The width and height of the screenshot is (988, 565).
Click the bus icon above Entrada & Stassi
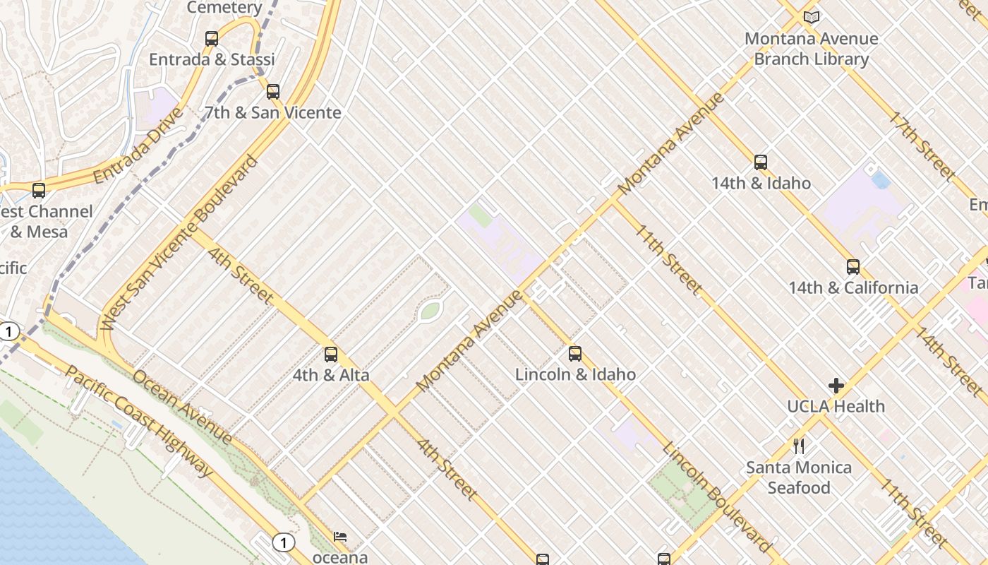[212, 39]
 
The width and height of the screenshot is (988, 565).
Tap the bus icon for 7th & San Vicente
[273, 91]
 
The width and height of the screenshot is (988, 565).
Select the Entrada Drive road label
[138, 145]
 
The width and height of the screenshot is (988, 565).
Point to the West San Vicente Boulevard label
[179, 242]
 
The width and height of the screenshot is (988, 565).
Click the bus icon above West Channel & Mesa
[39, 191]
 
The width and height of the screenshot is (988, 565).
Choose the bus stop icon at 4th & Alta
[331, 354]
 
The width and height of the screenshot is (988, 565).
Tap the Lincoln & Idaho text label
[575, 374]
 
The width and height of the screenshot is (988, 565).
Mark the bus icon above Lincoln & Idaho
[575, 353]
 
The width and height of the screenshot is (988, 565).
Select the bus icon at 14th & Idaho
[761, 162]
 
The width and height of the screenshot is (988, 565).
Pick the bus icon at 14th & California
[853, 266]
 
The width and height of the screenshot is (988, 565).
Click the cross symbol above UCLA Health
[836, 386]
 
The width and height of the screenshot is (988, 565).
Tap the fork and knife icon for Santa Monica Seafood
[799, 446]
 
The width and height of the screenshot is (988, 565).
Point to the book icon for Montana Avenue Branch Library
[812, 17]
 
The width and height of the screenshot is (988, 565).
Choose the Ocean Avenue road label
[182, 408]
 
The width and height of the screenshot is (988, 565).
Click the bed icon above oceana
[340, 537]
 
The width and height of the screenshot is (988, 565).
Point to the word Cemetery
[224, 8]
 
